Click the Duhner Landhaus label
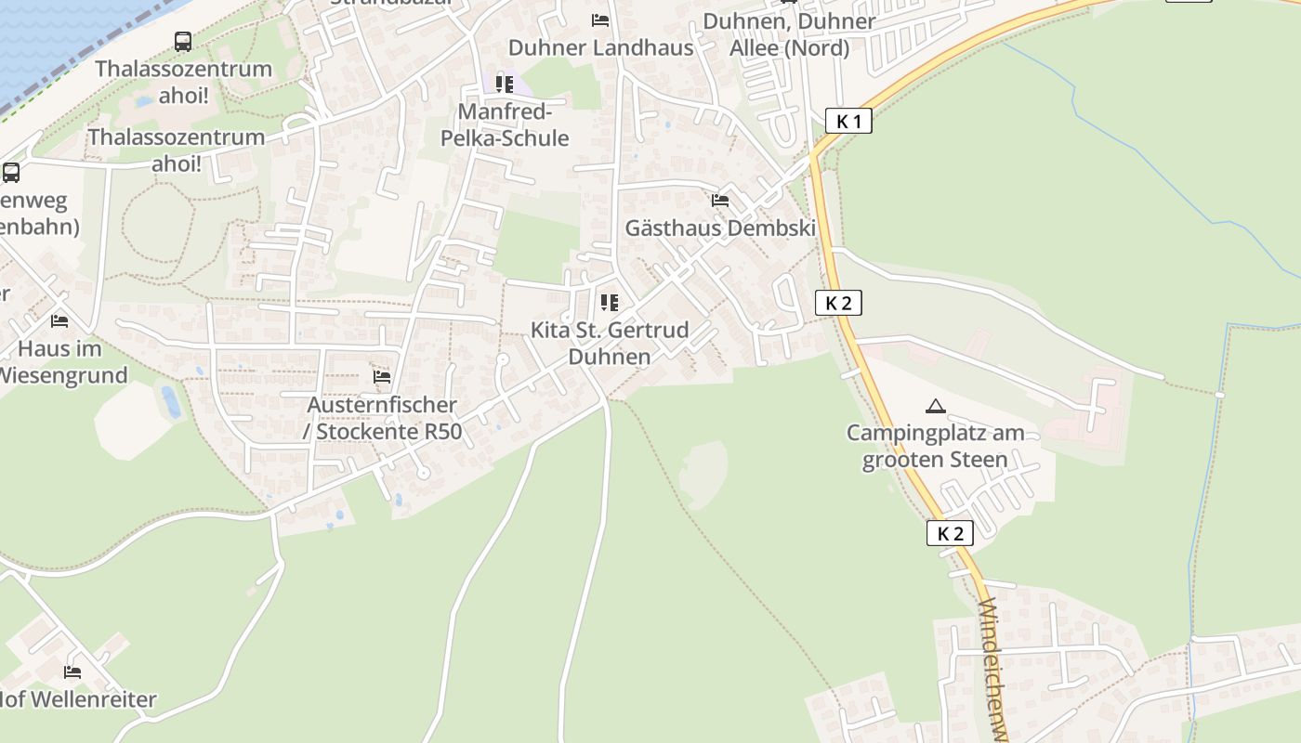(601, 47)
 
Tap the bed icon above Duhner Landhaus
(600, 20)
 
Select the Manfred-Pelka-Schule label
(513, 125)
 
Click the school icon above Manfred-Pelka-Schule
(505, 85)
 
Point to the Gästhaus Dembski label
(720, 228)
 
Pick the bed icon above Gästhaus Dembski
(719, 200)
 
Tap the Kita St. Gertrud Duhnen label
(610, 343)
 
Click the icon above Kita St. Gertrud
(610, 303)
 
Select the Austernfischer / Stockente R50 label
(382, 418)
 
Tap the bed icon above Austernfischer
(382, 377)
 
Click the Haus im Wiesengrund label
(59, 362)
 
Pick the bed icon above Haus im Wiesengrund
(59, 321)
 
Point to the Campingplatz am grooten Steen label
(935, 446)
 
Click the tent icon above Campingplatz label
(935, 406)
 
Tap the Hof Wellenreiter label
(78, 699)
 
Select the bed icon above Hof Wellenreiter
(72, 671)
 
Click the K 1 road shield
(848, 121)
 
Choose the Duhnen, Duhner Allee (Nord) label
(789, 34)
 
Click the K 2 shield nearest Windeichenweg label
(950, 533)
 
